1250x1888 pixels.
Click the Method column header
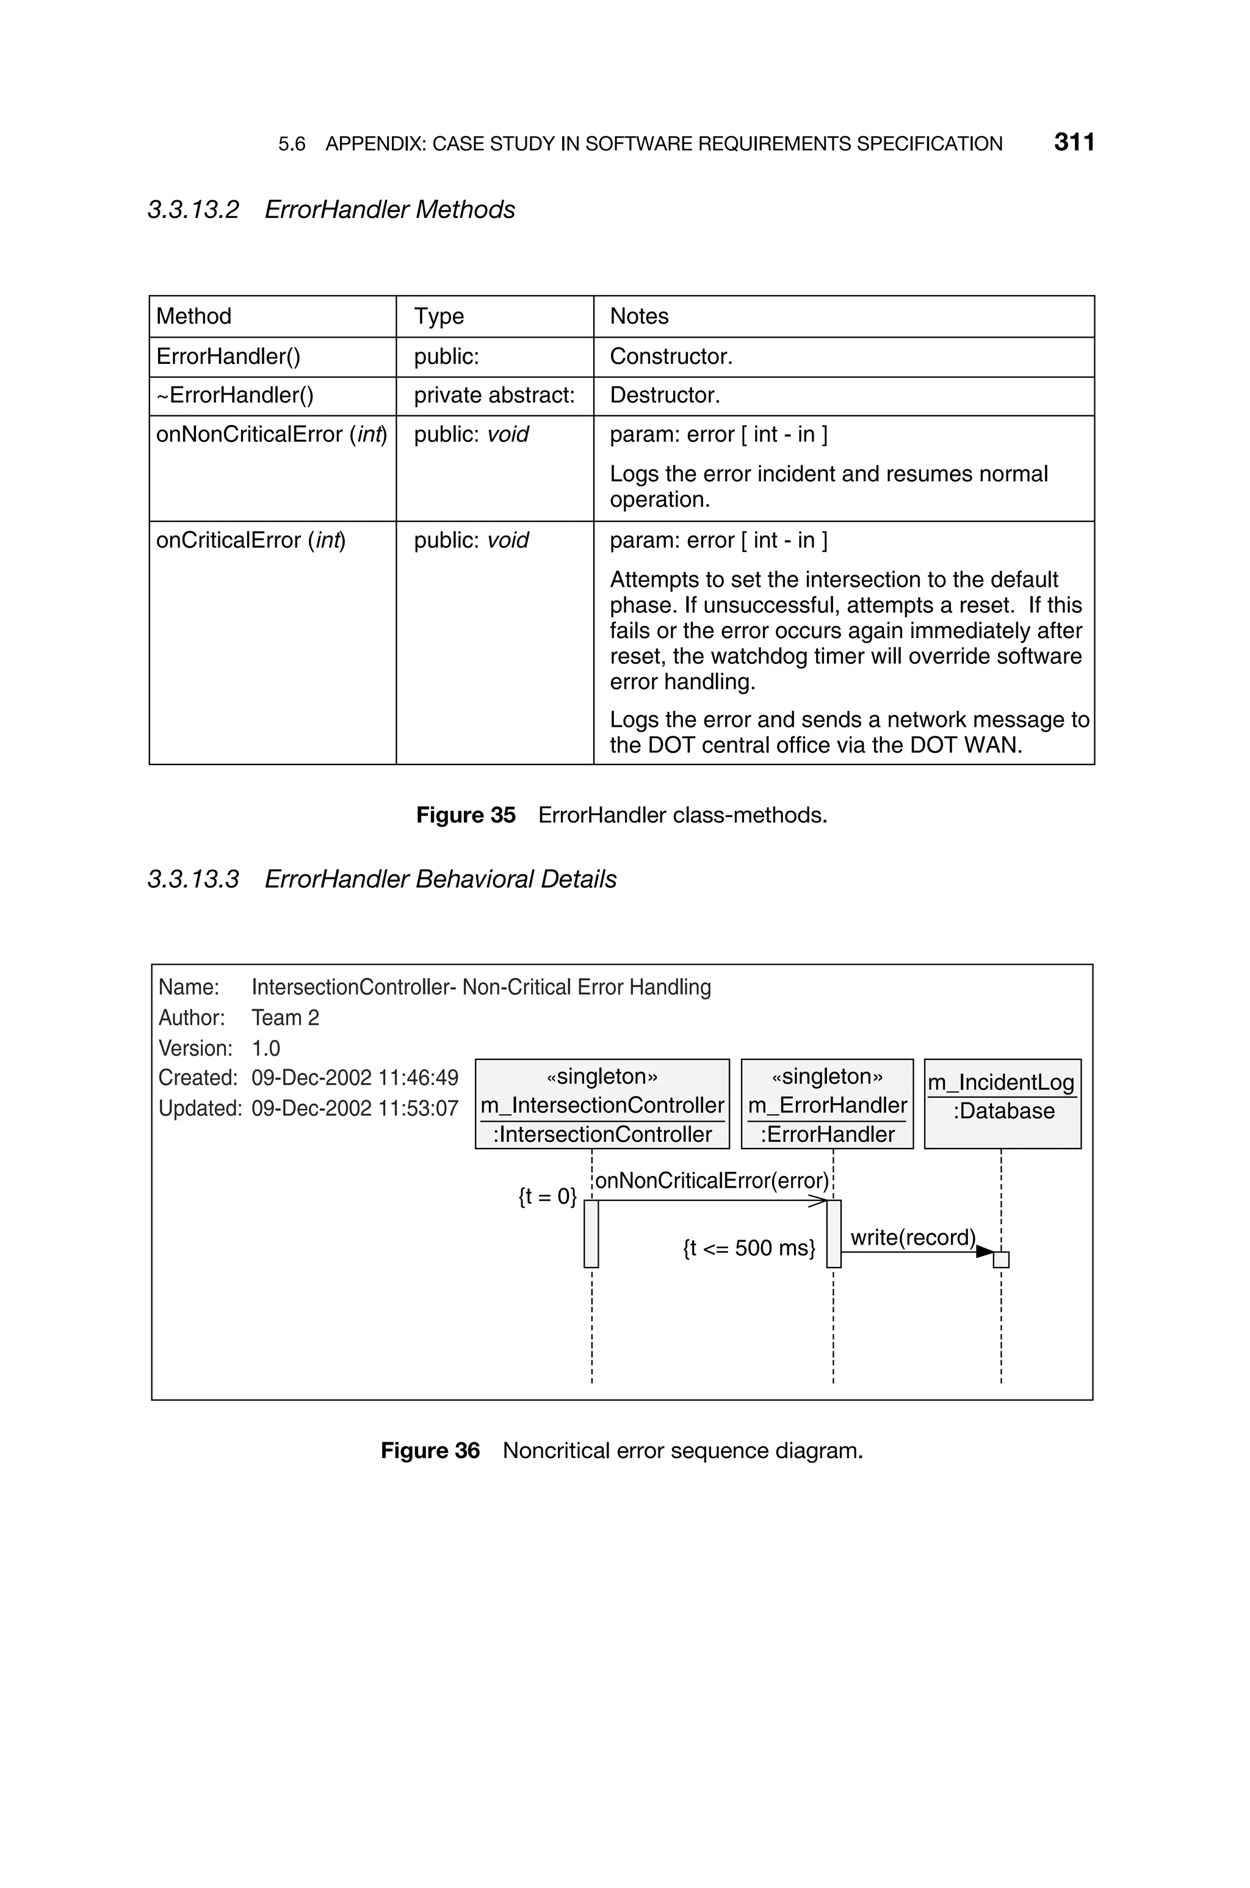pyautogui.click(x=193, y=316)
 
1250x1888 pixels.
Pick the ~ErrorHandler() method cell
pyautogui.click(x=235, y=396)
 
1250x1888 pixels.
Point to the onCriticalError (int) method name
pyautogui.click(x=250, y=540)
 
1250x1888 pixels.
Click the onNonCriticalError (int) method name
pyautogui.click(x=271, y=435)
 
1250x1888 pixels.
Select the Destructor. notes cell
pyautogui.click(x=664, y=396)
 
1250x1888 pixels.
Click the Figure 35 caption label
pyautogui.click(x=466, y=815)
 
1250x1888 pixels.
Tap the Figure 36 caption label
pyautogui.click(x=430, y=1450)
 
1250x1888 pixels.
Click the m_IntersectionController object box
pyautogui.click(x=602, y=1104)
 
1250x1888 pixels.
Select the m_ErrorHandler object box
pyautogui.click(x=826, y=1104)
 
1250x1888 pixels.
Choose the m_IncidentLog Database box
pyautogui.click(x=1002, y=1104)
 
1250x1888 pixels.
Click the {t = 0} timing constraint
pyautogui.click(x=547, y=1196)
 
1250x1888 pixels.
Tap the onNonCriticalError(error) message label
pyautogui.click(x=712, y=1181)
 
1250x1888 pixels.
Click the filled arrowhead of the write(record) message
pyautogui.click(x=984, y=1252)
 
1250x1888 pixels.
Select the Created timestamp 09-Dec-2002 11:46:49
pyautogui.click(x=355, y=1078)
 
